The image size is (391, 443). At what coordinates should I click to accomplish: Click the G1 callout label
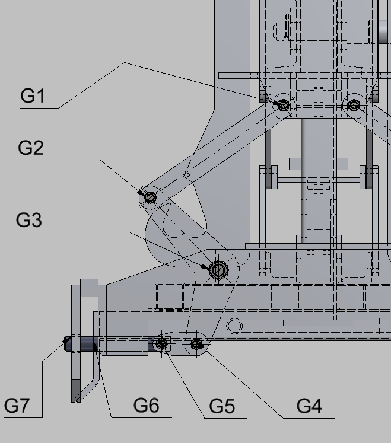(33, 95)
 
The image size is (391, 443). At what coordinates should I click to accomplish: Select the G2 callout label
(31, 148)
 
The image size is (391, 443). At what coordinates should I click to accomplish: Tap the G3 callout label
(29, 220)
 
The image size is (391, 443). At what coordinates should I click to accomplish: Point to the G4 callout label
(309, 406)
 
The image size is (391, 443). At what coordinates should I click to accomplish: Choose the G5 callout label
(222, 406)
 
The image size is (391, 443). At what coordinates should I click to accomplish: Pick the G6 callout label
(147, 405)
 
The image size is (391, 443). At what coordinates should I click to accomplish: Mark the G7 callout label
(17, 406)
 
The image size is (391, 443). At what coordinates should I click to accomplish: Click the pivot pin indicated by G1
(284, 105)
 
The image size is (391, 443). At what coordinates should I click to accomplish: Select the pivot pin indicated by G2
(151, 197)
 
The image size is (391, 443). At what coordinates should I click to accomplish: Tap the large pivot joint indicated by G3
(219, 270)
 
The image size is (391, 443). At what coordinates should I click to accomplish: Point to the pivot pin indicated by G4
(197, 343)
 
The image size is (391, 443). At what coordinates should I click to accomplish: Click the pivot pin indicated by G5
(161, 343)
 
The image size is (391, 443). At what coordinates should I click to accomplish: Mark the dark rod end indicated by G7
(68, 342)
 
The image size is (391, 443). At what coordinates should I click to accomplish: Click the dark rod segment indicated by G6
(89, 344)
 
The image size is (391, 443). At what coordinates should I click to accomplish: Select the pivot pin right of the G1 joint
(354, 105)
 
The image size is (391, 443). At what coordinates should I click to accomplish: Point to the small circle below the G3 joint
(235, 326)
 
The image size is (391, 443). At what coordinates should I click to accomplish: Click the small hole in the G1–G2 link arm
(187, 174)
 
